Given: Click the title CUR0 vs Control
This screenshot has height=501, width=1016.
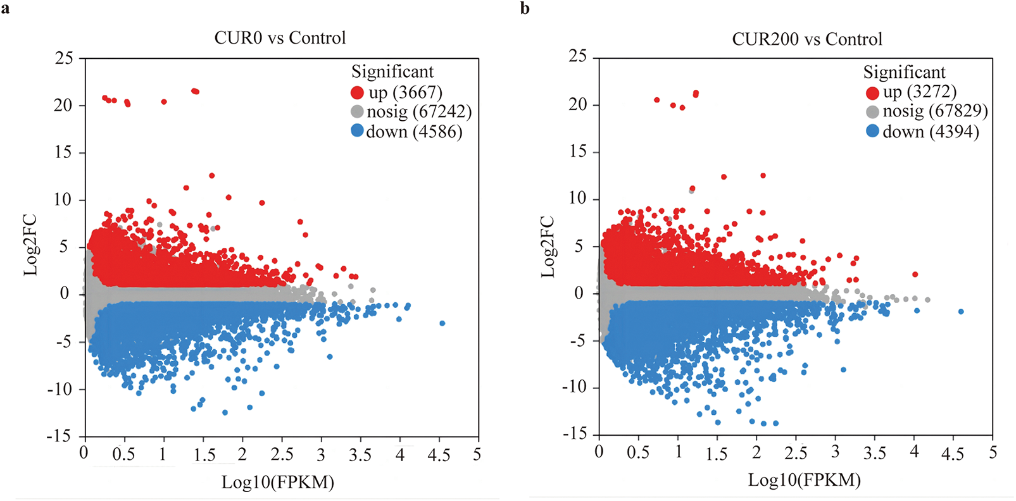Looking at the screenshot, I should coord(280,38).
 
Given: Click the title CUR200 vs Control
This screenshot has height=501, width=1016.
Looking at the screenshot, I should coord(806,39).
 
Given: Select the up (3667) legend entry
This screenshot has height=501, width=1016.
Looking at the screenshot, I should coord(397,93).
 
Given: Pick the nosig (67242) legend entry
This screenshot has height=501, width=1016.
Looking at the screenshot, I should coord(411,112).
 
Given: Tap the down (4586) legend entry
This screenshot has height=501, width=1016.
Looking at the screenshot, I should coord(406,132).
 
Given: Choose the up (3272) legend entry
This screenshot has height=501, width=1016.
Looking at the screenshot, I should coord(912,92).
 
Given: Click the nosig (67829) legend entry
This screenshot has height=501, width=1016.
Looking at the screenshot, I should coord(927,111).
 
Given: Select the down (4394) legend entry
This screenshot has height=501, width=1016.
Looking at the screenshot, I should coord(923,132).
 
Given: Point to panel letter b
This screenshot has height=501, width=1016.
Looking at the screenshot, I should coord(525,9).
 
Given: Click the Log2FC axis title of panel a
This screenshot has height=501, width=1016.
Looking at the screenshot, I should coord(30,245).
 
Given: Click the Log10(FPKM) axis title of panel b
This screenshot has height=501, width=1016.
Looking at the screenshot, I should coord(804,480).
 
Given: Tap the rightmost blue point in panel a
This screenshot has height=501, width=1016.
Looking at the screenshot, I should coord(442,323).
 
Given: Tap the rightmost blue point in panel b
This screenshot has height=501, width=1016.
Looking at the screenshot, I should coord(961,311).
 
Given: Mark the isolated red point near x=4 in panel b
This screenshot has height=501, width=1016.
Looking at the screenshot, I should coord(915,275).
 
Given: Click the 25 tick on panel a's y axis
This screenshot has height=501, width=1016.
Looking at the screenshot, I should coord(64,59).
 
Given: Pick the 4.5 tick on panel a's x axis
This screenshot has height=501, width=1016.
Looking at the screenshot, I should coord(439,454).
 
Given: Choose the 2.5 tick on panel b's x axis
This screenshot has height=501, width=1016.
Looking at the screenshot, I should coord(796,453).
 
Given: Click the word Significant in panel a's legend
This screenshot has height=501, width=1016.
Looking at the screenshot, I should coord(392,71).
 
